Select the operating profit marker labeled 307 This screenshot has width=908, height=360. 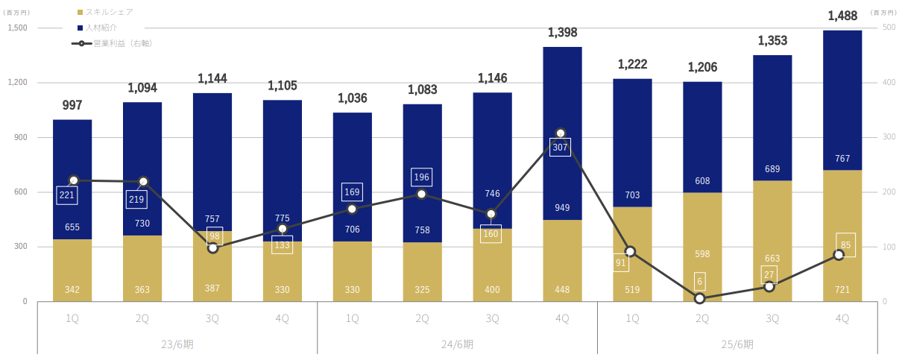pyautogui.click(x=561, y=133)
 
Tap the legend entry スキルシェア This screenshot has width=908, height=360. pyautogui.click(x=107, y=12)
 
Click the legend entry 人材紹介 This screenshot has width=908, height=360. pyautogui.click(x=101, y=28)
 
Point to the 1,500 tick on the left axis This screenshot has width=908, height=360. pyautogui.click(x=17, y=28)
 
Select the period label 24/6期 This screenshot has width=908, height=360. pyautogui.click(x=457, y=344)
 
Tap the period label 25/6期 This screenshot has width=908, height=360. pyautogui.click(x=737, y=344)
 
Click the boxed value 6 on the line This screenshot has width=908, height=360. pyautogui.click(x=700, y=281)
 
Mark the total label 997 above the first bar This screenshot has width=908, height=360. pyautogui.click(x=72, y=105)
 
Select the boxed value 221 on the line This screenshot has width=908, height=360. pyautogui.click(x=66, y=195)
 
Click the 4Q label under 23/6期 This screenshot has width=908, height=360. pyautogui.click(x=282, y=318)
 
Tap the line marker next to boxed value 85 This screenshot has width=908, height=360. pyautogui.click(x=839, y=255)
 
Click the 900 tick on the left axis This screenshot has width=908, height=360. pyautogui.click(x=20, y=138)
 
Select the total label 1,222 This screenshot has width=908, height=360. pyautogui.click(x=632, y=65)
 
